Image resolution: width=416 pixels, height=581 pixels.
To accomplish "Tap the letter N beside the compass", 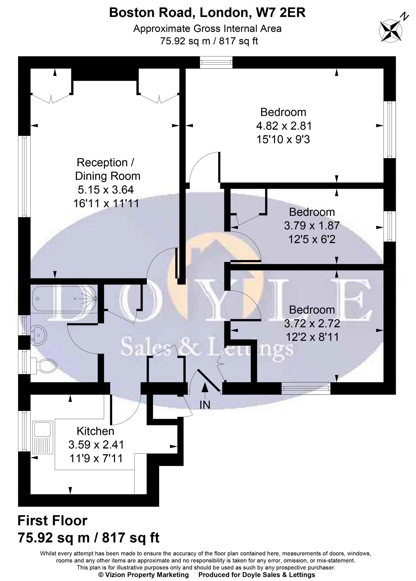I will (x=404, y=17).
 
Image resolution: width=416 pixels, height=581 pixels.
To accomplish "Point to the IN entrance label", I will (x=205, y=405).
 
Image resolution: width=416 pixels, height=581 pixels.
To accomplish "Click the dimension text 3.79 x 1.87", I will (x=312, y=226).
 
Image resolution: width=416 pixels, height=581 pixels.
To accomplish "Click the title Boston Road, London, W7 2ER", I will (x=207, y=13).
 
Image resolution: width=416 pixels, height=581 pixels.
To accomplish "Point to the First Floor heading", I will (x=53, y=521).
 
